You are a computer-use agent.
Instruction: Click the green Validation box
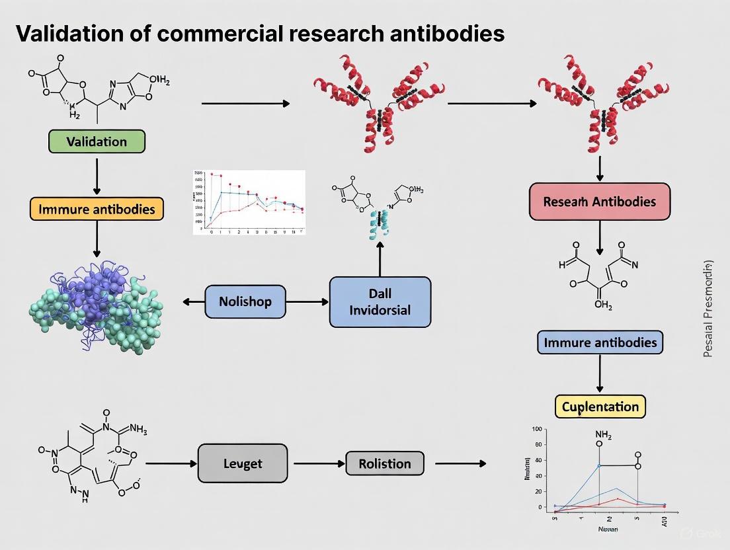coord(97,142)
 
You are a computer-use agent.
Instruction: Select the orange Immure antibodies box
coord(97,209)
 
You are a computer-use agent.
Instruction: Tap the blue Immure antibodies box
coord(600,342)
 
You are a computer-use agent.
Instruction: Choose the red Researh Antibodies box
coord(600,202)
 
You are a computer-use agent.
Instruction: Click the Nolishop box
coord(245,302)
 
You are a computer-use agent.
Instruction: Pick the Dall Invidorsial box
coord(380,302)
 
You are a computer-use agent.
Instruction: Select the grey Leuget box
coord(243,464)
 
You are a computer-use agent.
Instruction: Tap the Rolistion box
coord(384,464)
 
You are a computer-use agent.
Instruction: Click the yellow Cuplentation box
coord(600,406)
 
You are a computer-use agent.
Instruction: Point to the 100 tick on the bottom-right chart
coord(537,430)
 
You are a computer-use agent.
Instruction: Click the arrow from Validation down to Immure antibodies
coord(97,175)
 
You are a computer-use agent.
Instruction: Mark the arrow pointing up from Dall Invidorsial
coord(380,258)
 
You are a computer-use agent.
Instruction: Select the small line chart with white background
coord(249,202)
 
